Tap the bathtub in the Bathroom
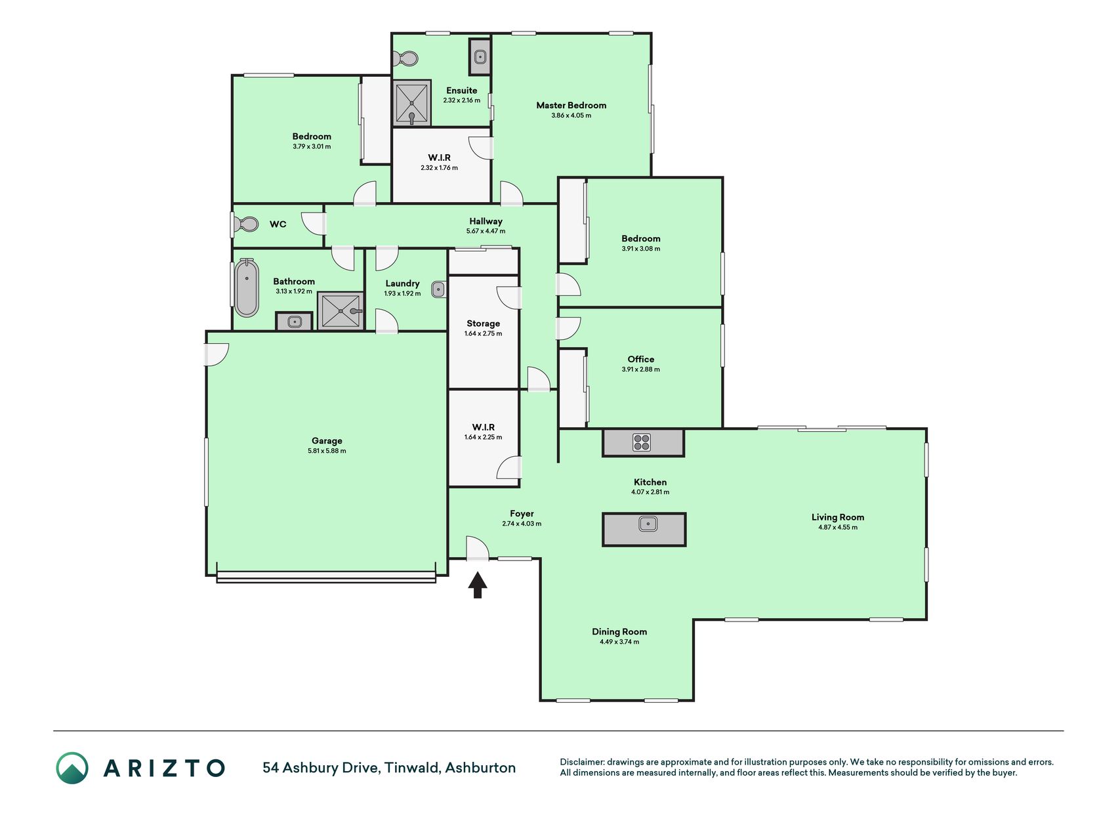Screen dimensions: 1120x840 pyautogui.click(x=247, y=288)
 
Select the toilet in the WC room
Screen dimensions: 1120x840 pyautogui.click(x=247, y=225)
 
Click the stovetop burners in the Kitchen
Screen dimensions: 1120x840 pyautogui.click(x=642, y=442)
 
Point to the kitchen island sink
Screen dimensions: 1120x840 pyautogui.click(x=648, y=524)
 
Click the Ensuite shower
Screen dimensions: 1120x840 pyautogui.click(x=412, y=103)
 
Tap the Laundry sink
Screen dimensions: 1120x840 pyautogui.click(x=438, y=289)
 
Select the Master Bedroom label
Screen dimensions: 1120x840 pyautogui.click(x=571, y=105)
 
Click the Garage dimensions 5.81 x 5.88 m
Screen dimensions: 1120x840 pyautogui.click(x=327, y=451)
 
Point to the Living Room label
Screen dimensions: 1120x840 pyautogui.click(x=838, y=517)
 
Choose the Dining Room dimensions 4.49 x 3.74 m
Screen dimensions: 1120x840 pyautogui.click(x=619, y=642)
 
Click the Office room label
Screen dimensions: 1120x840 pyautogui.click(x=641, y=359)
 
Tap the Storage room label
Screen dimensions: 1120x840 pyautogui.click(x=484, y=324)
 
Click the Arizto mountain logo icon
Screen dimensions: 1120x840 pyautogui.click(x=72, y=768)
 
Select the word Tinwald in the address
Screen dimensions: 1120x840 pyautogui.click(x=412, y=768)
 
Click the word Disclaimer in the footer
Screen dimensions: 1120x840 pyautogui.click(x=581, y=762)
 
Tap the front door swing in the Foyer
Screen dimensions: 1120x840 pyautogui.click(x=478, y=549)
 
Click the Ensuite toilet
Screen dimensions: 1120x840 pyautogui.click(x=406, y=59)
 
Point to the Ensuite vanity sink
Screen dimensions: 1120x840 pyautogui.click(x=480, y=56)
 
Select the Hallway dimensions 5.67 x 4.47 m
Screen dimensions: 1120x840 pyautogui.click(x=486, y=231)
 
